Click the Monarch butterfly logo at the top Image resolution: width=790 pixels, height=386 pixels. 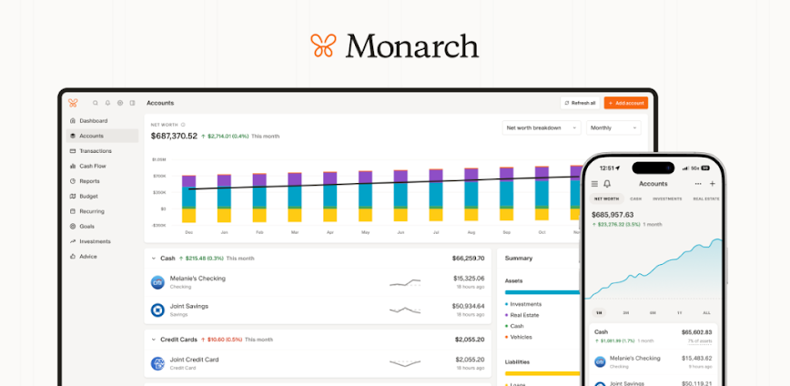tap(324, 45)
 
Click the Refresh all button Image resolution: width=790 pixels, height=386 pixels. tap(580, 103)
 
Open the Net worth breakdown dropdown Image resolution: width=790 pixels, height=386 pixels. tap(542, 127)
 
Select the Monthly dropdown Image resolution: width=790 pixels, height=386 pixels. tap(613, 127)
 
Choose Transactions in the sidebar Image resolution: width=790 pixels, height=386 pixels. tap(95, 151)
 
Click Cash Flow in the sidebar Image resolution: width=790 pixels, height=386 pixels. tap(92, 166)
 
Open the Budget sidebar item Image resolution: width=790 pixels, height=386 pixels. tap(88, 196)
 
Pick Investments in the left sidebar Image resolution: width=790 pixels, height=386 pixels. tap(94, 241)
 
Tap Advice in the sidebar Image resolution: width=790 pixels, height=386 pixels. tap(87, 256)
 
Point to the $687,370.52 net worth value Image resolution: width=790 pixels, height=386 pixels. tap(174, 136)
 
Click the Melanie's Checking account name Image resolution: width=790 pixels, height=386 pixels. tap(197, 278)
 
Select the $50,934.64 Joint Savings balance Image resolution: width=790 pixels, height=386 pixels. tap(468, 306)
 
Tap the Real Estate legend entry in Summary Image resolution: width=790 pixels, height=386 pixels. tap(526, 315)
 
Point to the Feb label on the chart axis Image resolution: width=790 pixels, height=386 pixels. tap(258, 232)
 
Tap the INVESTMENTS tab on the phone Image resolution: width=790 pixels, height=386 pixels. tap(667, 198)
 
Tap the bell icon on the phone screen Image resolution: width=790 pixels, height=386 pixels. tap(607, 183)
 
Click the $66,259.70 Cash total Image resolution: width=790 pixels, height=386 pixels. tap(468, 258)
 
